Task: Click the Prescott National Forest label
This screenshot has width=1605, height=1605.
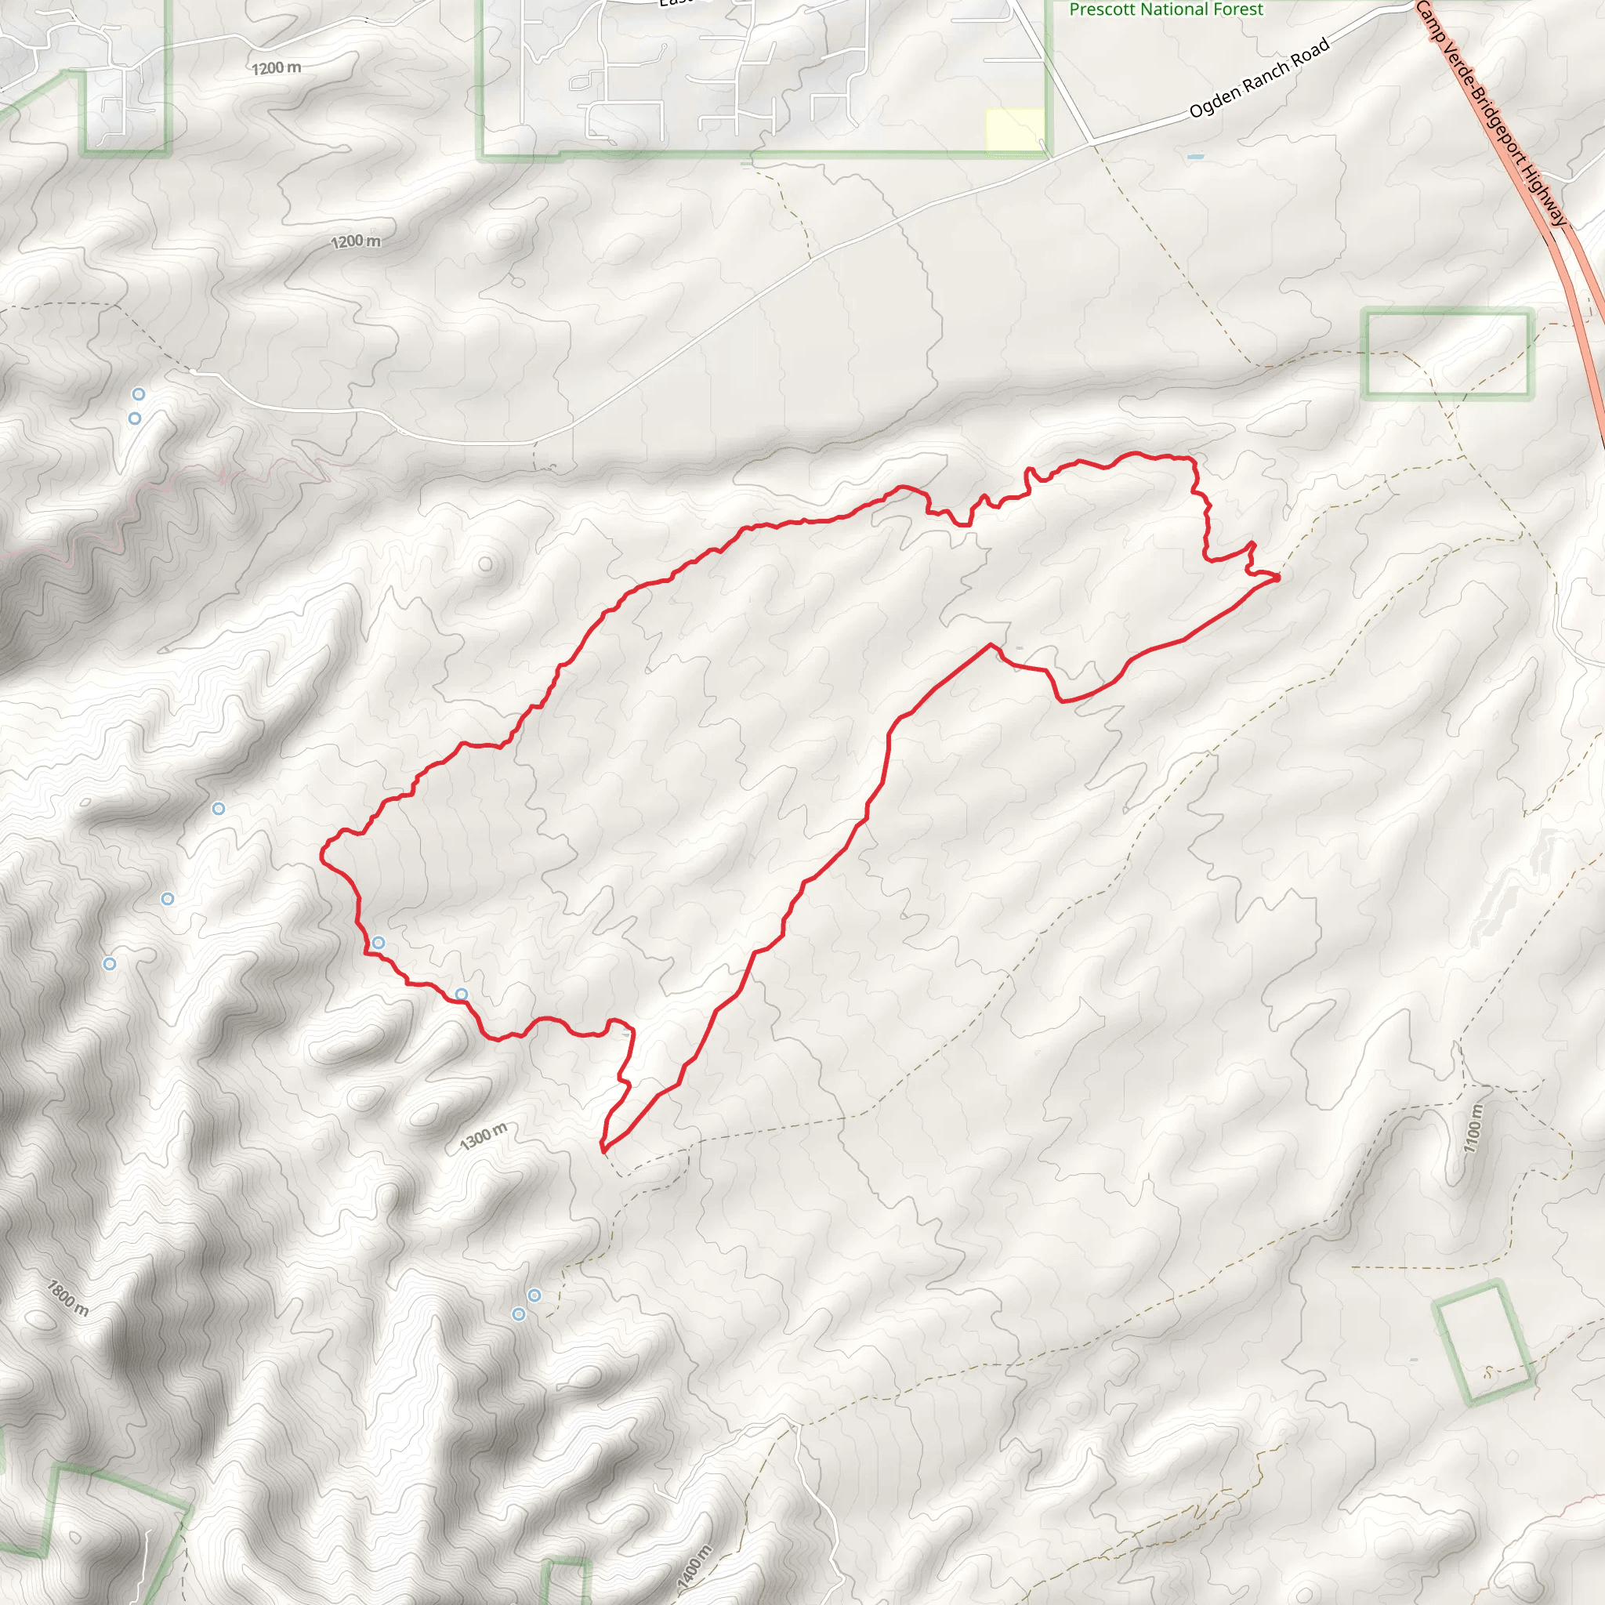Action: pyautogui.click(x=1165, y=9)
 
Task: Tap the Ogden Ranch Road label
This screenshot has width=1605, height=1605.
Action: pyautogui.click(x=1259, y=79)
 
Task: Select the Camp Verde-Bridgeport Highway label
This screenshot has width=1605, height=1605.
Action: pyautogui.click(x=1491, y=112)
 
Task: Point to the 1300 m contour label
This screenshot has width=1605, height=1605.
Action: pyautogui.click(x=484, y=1136)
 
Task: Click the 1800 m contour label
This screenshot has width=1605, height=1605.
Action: pyautogui.click(x=67, y=1298)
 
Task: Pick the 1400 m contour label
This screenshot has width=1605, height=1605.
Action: pyautogui.click(x=695, y=1567)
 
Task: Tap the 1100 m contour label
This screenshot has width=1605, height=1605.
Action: pyautogui.click(x=1473, y=1129)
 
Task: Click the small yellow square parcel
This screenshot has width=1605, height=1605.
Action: pyautogui.click(x=1014, y=130)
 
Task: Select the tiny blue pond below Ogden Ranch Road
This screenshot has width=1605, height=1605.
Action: pyautogui.click(x=1195, y=156)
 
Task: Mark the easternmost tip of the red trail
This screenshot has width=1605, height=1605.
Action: pyautogui.click(x=1278, y=576)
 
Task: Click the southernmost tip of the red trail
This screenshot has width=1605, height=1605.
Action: pyautogui.click(x=603, y=1151)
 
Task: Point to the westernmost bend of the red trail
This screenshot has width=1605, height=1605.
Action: pyautogui.click(x=322, y=852)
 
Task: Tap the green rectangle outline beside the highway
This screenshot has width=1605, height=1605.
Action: pyautogui.click(x=1447, y=354)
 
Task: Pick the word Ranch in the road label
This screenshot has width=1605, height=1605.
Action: pyautogui.click(x=1268, y=74)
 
